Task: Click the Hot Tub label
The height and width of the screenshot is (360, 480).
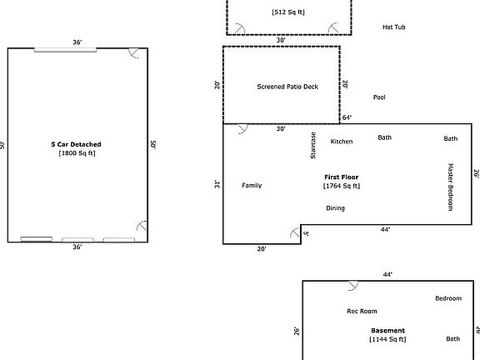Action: [393, 27]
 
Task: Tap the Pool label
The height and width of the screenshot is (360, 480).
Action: [379, 97]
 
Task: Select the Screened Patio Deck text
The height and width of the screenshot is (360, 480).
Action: [287, 87]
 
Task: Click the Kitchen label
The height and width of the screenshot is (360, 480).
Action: [342, 142]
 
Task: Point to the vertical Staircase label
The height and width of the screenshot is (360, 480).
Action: [313, 145]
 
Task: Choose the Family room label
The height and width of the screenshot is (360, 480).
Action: [252, 185]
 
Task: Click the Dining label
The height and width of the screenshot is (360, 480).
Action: [335, 208]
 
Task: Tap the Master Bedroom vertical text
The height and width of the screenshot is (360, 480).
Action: [450, 187]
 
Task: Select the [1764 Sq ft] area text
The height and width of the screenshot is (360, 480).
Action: [342, 187]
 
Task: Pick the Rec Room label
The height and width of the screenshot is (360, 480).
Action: [362, 312]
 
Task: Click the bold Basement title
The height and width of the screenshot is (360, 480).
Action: [387, 330]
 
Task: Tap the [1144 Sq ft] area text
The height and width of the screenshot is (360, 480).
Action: [387, 339]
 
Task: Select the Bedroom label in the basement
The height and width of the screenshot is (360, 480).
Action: [447, 298]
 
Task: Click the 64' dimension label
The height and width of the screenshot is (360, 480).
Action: [347, 117]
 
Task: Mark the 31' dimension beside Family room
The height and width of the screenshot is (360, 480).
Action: [216, 184]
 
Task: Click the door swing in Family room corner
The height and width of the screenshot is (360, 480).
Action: [242, 129]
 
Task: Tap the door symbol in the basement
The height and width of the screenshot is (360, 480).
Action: [352, 285]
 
